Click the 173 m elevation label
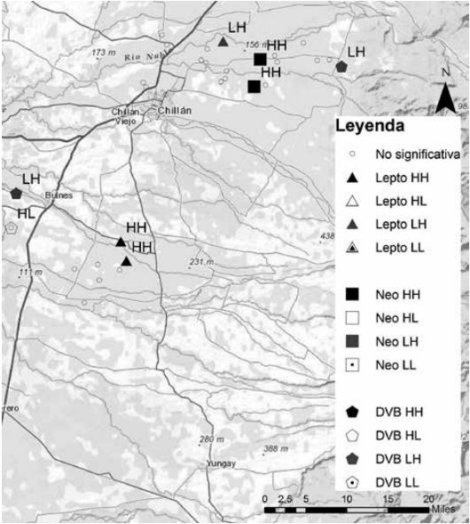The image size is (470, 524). pos(106,54)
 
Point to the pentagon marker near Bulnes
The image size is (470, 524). pos(16,193)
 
